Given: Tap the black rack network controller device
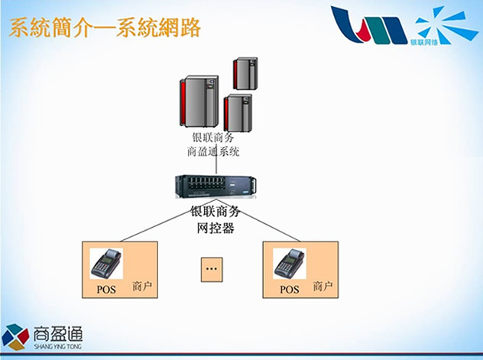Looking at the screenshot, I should (214, 188).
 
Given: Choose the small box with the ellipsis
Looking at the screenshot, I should (212, 269).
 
